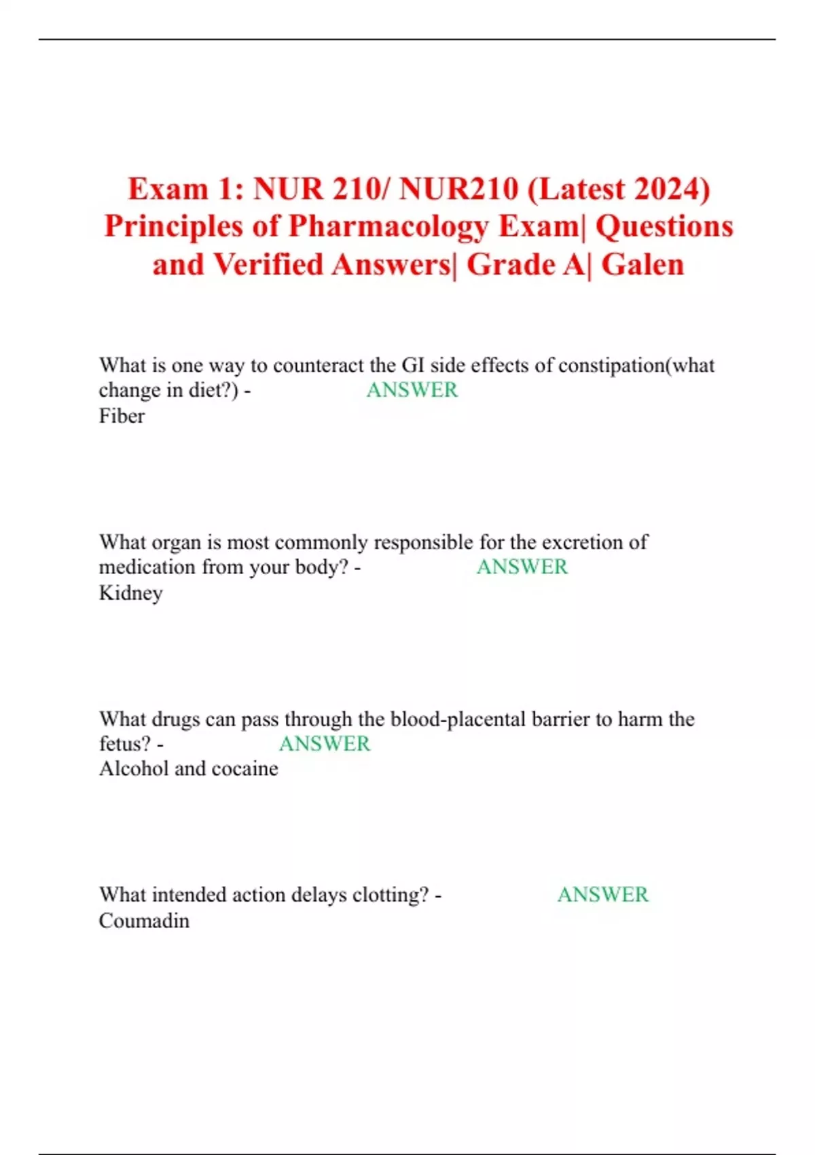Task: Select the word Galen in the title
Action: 642,265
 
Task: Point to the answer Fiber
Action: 122,416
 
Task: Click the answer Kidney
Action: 130,593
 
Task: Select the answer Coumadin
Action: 144,921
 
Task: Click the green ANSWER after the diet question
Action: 412,390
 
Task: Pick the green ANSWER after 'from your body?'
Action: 522,567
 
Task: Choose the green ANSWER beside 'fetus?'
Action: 325,743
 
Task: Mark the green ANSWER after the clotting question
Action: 602,894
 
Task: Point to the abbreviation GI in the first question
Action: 413,366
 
